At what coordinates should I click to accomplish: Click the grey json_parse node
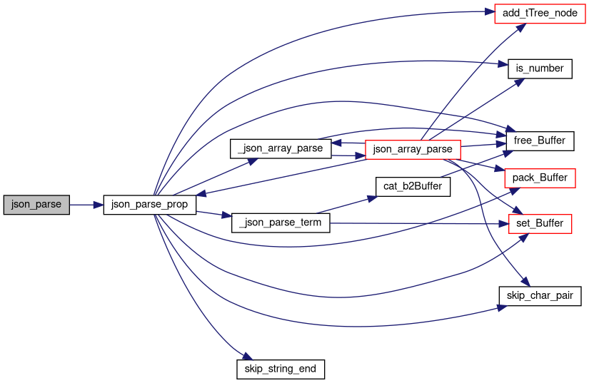tap(36, 205)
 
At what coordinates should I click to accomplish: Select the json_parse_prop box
tap(149, 205)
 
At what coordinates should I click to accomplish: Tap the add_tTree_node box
tap(535, 14)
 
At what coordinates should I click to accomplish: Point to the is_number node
tap(540, 68)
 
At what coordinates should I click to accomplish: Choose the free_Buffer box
tap(540, 141)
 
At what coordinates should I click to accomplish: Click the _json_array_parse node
tap(281, 149)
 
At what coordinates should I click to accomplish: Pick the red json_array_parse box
tap(413, 149)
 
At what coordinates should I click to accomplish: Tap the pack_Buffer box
tap(540, 178)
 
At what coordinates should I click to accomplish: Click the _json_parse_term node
tap(281, 223)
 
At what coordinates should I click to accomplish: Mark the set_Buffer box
tap(540, 223)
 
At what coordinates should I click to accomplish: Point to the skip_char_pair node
tap(540, 295)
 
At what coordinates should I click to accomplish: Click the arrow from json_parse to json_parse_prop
tap(86, 205)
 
